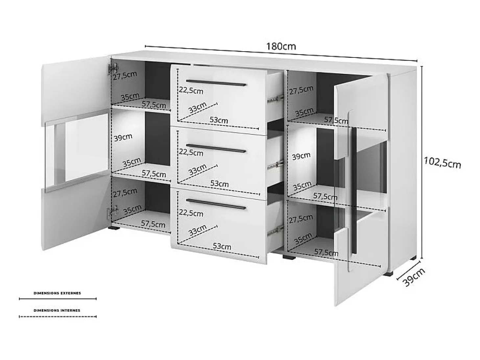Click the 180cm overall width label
[x=281, y=46]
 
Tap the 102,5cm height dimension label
[x=442, y=163]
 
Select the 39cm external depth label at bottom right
[x=413, y=277]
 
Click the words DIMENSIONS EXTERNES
[x=57, y=293]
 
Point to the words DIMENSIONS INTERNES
[x=57, y=310]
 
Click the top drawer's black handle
[x=216, y=83]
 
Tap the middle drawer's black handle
[x=216, y=148]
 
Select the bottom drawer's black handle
[x=216, y=204]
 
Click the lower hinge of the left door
[x=112, y=212]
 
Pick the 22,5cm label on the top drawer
[x=191, y=90]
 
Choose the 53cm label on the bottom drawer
[x=222, y=246]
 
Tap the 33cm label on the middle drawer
[x=198, y=169]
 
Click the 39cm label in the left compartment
[x=123, y=137]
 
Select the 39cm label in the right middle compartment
[x=301, y=156]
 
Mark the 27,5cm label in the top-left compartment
[x=125, y=76]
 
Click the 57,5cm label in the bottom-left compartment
[x=153, y=224]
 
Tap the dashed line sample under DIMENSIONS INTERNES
[x=58, y=316]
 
